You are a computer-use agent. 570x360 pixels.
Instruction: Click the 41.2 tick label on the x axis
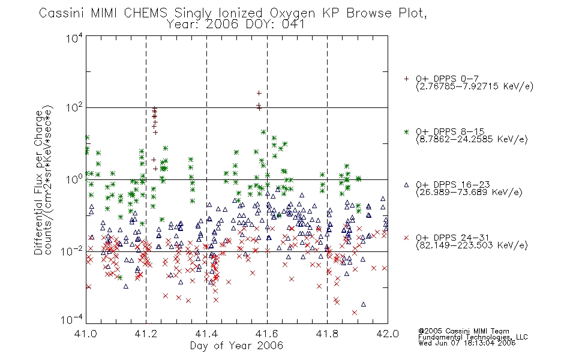point(146,334)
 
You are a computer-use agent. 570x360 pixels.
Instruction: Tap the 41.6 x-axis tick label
point(267,334)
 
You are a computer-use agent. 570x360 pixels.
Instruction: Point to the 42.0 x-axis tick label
point(388,334)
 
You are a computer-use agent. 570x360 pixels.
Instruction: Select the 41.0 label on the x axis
point(86,334)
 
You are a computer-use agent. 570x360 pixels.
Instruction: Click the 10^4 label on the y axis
point(74,38)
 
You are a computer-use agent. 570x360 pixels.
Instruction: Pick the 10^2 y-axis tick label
point(74,108)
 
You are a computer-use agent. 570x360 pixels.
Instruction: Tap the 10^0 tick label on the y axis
point(74,179)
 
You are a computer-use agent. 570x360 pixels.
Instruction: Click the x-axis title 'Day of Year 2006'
point(236,346)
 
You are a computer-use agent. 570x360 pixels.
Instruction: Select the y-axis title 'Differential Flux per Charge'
point(38,182)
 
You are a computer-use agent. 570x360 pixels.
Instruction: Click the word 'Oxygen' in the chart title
point(292,13)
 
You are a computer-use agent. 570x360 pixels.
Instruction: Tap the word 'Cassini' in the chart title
point(62,13)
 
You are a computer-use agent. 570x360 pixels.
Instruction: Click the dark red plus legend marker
point(406,79)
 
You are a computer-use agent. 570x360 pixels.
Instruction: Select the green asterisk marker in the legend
point(406,131)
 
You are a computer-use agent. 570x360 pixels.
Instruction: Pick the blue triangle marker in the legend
point(406,185)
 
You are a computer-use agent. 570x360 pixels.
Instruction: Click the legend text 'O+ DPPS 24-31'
point(452,238)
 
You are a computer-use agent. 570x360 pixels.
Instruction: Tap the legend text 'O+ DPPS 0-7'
point(447,79)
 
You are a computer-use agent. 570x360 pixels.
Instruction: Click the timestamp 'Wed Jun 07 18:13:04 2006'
point(467,343)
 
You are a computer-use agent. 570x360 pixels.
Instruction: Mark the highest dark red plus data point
point(259,94)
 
